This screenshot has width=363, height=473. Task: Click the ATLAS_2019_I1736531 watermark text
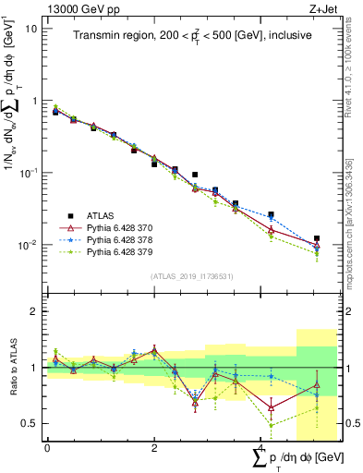tap(191, 275)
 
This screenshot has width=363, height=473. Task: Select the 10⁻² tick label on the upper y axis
tap(28, 246)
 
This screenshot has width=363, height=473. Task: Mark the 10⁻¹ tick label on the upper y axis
tap(28, 174)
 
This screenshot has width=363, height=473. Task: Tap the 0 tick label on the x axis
tap(47, 448)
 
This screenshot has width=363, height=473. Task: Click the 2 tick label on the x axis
tap(153, 448)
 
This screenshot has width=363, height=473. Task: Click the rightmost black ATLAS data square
tap(316, 238)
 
